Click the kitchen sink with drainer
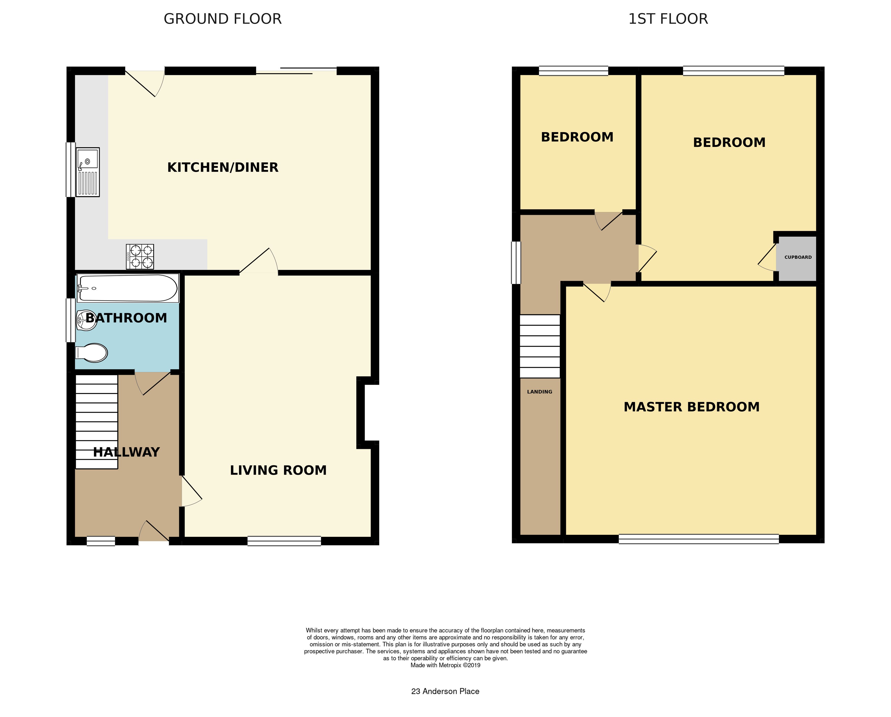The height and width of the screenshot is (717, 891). [88, 172]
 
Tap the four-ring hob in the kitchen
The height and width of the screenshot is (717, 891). [140, 256]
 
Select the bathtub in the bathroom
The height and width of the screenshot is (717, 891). [128, 288]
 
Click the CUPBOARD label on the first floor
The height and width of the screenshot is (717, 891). [798, 257]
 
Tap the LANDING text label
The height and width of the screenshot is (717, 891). [539, 392]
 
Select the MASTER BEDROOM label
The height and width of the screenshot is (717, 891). [691, 407]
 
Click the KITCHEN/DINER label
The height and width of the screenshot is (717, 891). [223, 167]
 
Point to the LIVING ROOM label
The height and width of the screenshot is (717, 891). [278, 470]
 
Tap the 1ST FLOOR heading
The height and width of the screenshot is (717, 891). [668, 19]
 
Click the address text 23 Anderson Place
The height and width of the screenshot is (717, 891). [445, 691]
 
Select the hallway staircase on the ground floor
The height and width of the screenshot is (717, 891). [97, 421]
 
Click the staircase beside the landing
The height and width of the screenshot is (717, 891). [540, 346]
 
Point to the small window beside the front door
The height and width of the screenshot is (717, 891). [101, 541]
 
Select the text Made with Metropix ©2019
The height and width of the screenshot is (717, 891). [445, 665]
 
